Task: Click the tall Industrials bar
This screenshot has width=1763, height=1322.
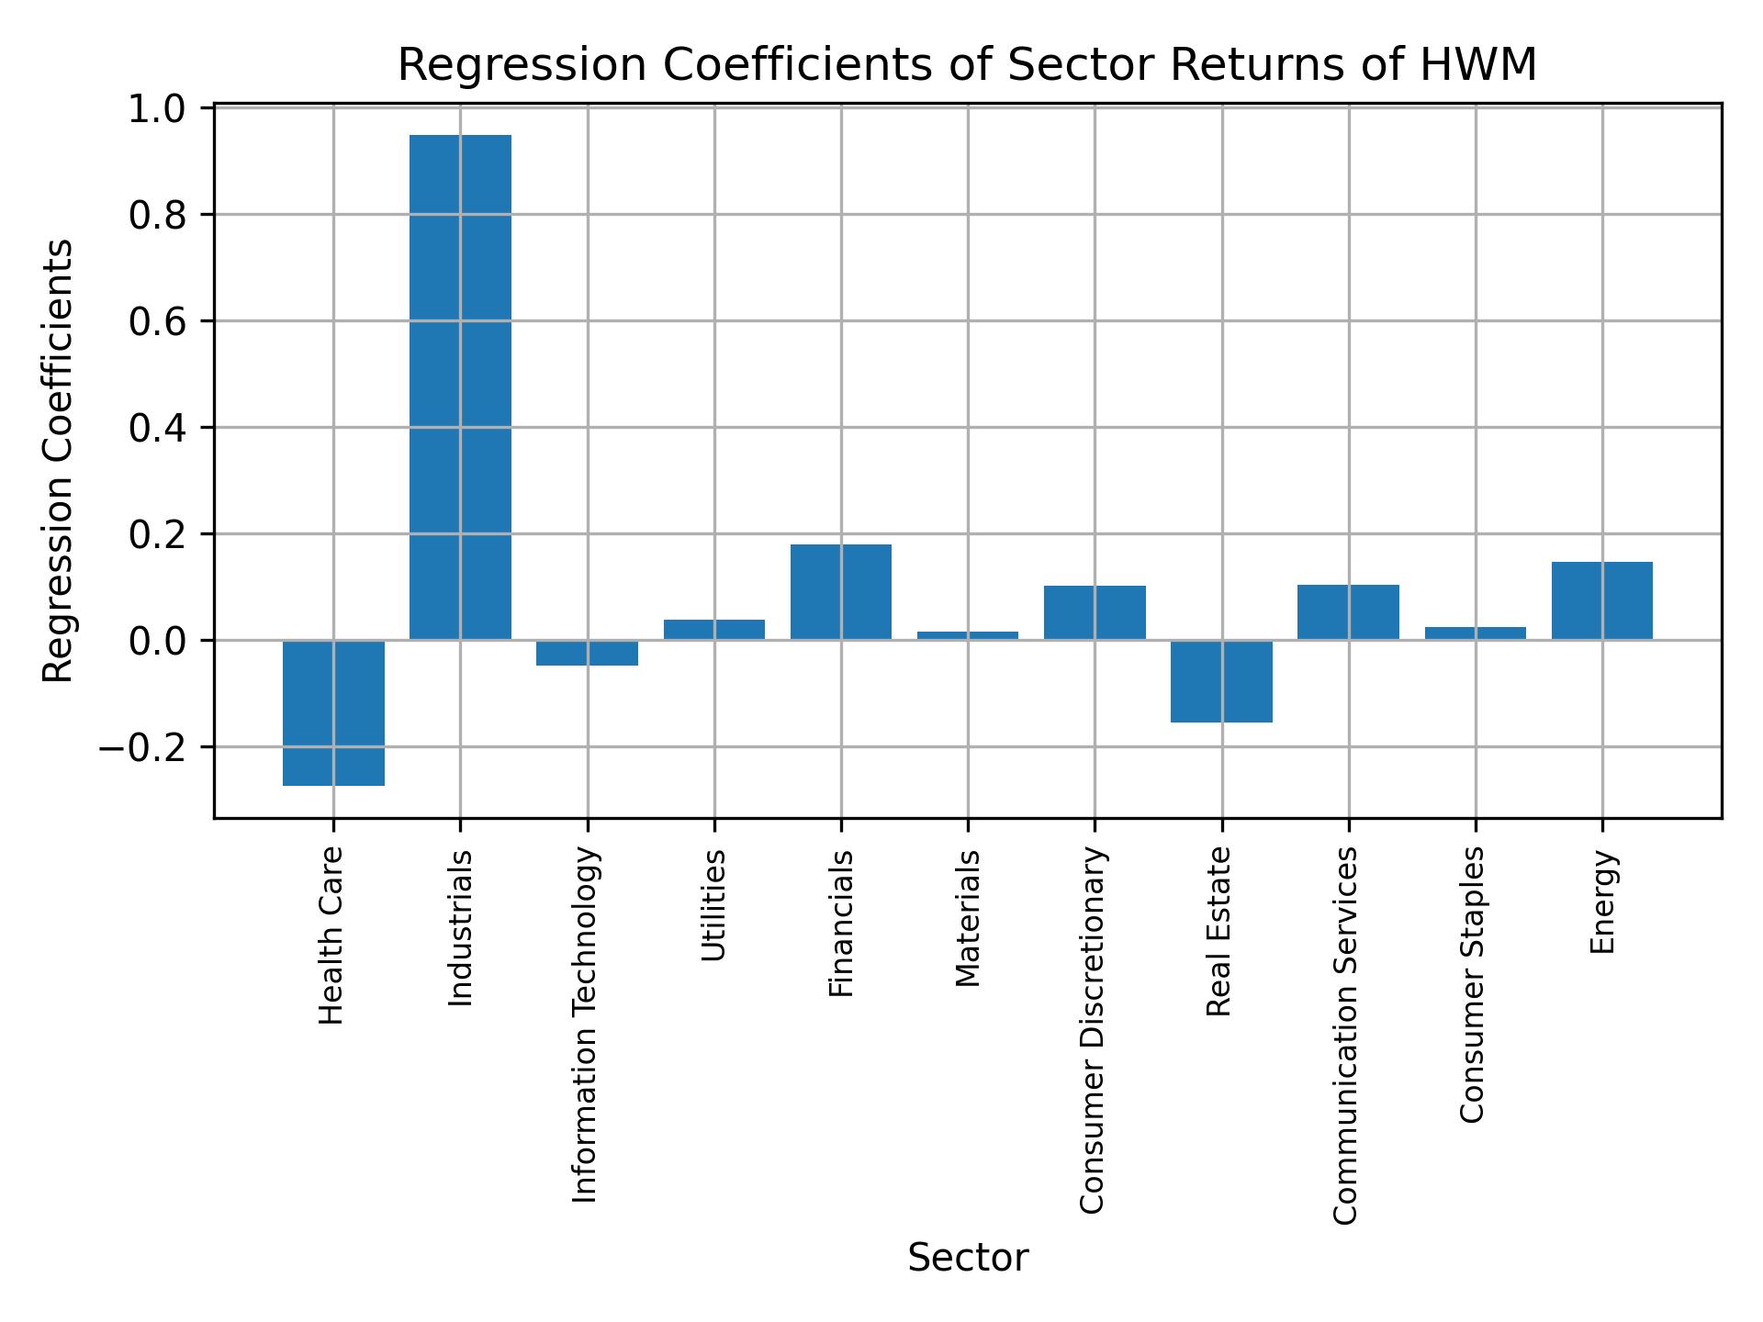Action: [460, 386]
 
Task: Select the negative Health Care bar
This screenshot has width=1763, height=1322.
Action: [333, 712]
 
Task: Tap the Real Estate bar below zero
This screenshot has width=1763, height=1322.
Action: [1221, 681]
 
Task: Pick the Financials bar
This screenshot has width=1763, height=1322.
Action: [840, 592]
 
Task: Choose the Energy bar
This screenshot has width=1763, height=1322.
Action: [1601, 600]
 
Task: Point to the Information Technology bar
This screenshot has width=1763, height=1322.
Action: [587, 653]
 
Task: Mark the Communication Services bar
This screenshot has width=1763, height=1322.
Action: [1348, 612]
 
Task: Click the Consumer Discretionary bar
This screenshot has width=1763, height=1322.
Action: [1095, 612]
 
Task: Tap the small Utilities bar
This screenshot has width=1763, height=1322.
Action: [713, 630]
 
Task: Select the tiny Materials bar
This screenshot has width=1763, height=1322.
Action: [968, 635]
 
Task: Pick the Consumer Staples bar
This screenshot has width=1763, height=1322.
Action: [1475, 633]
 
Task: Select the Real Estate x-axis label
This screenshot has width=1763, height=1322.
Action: [1218, 931]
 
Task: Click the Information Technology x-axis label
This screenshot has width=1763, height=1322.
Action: [585, 1025]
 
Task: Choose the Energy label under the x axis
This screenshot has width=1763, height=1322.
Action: [1601, 902]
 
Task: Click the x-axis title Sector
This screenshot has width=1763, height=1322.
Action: [968, 1258]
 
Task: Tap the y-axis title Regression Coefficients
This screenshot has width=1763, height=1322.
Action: [59, 460]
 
